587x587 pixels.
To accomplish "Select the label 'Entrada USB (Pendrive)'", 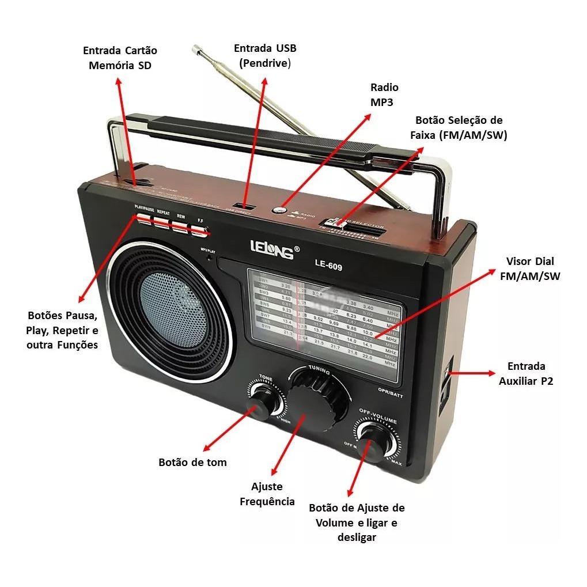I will click(x=265, y=55).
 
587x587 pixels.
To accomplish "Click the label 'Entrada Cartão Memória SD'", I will click(x=120, y=58).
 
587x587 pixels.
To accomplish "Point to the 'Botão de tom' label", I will click(x=192, y=462).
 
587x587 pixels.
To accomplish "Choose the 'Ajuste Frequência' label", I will click(x=267, y=494).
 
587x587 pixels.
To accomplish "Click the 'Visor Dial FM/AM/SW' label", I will click(x=530, y=268).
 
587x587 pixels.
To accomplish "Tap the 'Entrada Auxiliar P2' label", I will click(x=526, y=373).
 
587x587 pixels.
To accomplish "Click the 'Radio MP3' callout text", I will click(x=384, y=94).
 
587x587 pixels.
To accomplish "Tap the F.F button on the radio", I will click(x=199, y=230).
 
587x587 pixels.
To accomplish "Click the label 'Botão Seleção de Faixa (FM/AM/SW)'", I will click(x=459, y=128).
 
